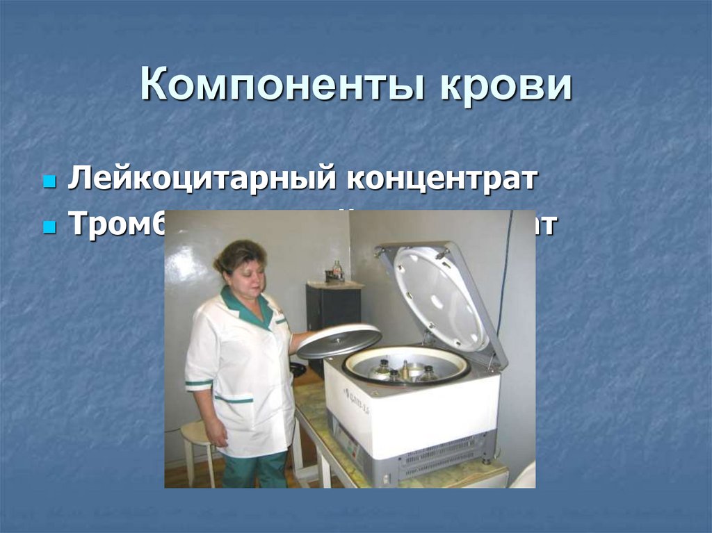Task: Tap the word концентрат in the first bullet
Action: [x=442, y=179]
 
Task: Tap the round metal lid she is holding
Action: [x=339, y=341]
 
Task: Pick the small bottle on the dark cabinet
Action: [x=337, y=270]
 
